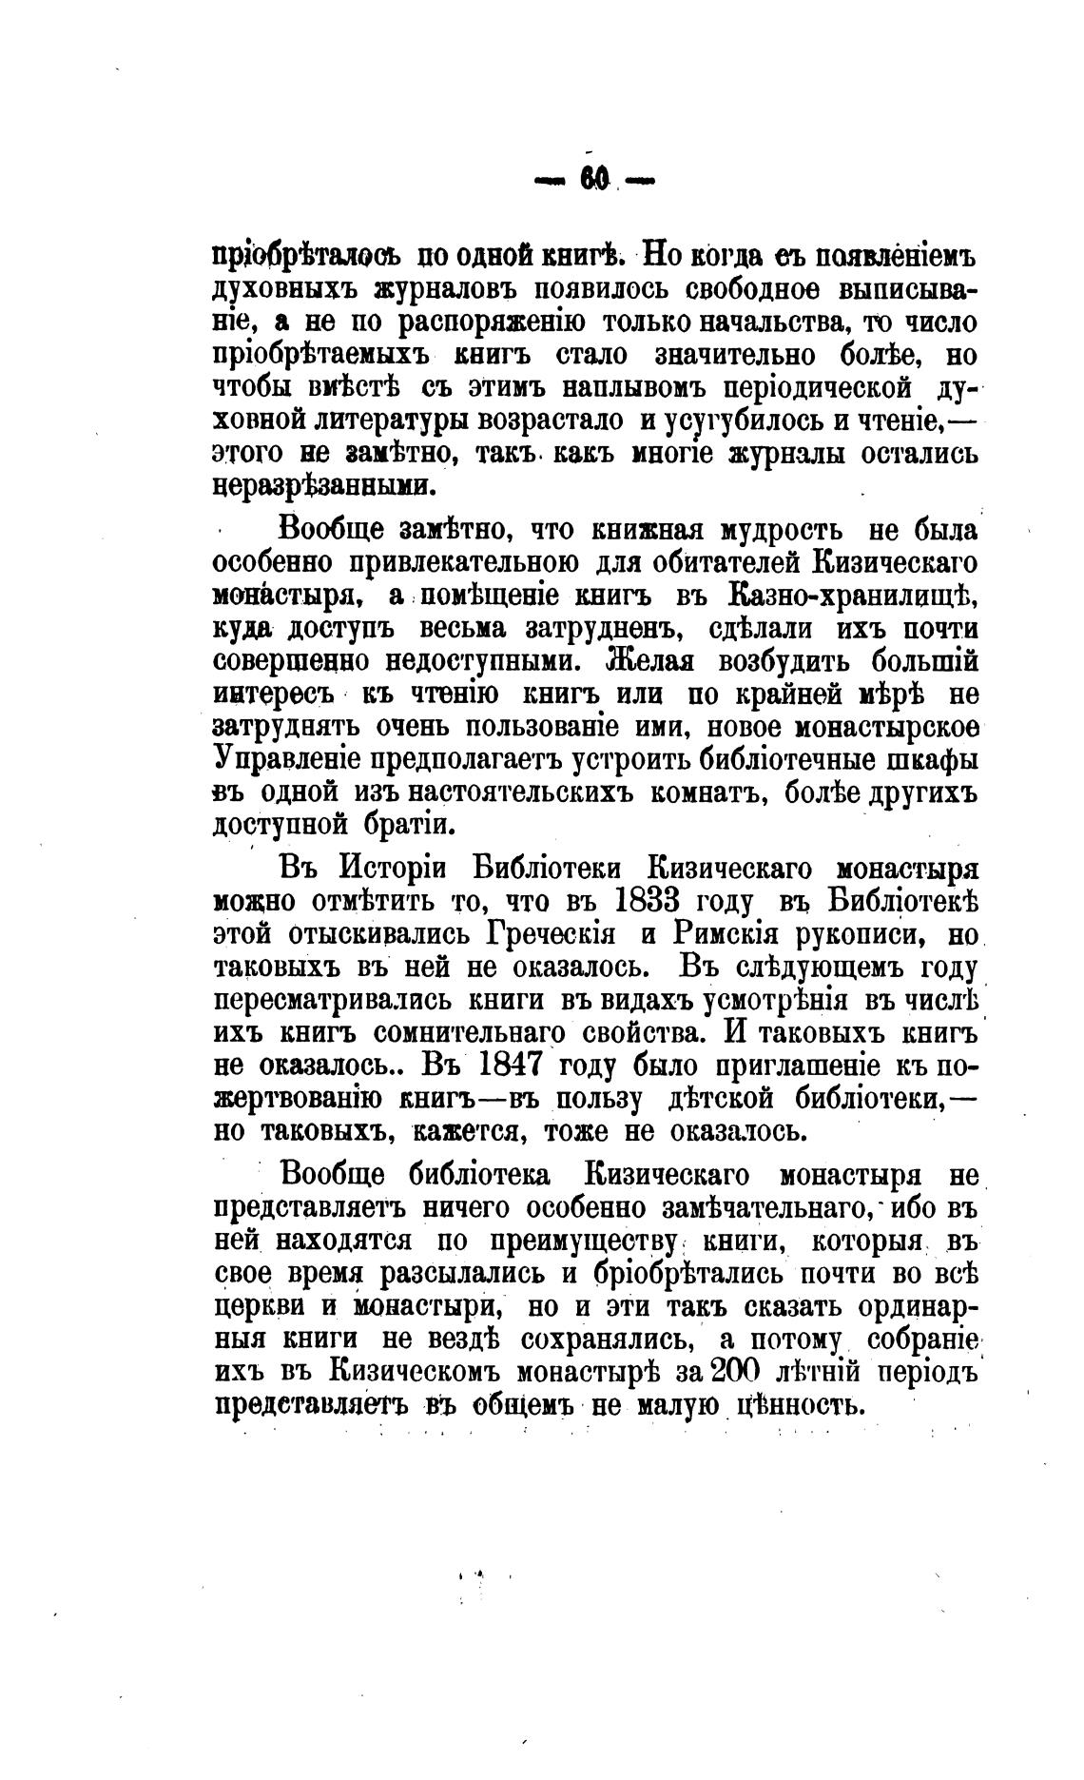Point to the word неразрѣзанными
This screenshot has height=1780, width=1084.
[x=323, y=485]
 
